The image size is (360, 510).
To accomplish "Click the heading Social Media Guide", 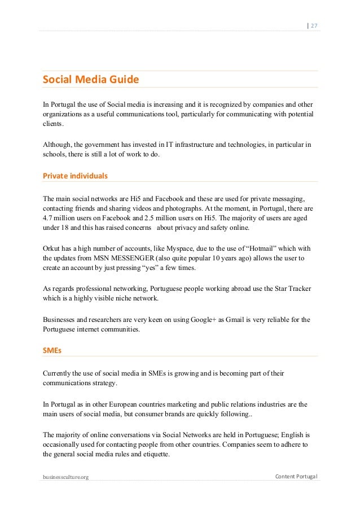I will click(91, 80).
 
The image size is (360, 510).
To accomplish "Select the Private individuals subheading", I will click(75, 176).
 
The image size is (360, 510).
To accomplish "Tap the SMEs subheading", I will click(52, 350).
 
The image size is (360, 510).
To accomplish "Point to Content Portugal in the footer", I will click(296, 477).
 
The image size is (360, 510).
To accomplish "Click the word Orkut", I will click(52, 249).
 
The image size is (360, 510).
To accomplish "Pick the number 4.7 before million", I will click(48, 218).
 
